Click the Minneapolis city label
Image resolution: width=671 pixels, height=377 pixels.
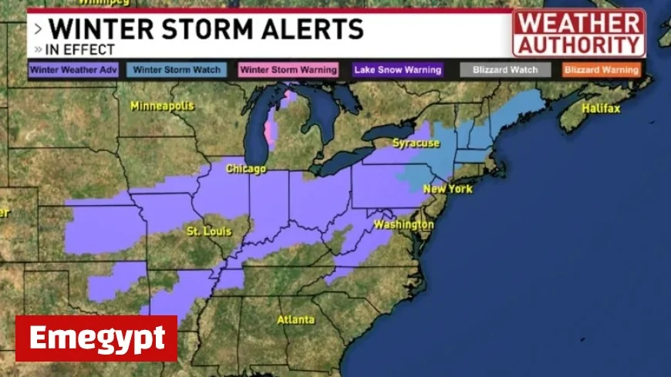click(x=162, y=106)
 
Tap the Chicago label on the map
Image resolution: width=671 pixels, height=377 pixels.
click(x=246, y=168)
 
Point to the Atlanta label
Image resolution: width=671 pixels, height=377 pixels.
click(x=296, y=319)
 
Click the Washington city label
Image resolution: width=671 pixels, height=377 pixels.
click(x=403, y=224)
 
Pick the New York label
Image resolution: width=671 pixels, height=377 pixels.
click(x=447, y=189)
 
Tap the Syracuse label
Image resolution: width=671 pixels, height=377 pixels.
click(x=416, y=143)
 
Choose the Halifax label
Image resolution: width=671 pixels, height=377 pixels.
click(x=601, y=109)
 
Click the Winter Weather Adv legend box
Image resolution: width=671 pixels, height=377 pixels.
click(x=73, y=70)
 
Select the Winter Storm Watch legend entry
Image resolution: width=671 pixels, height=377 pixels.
click(x=177, y=70)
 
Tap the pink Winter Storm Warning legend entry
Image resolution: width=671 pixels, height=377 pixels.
click(x=288, y=70)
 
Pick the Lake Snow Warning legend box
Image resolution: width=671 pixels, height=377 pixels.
click(x=398, y=70)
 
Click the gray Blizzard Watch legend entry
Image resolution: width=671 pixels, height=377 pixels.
click(x=505, y=70)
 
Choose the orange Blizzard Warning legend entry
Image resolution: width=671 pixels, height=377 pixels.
click(x=602, y=70)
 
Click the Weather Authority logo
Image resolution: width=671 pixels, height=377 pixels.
click(x=579, y=33)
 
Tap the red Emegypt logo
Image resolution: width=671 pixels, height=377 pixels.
click(x=96, y=338)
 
